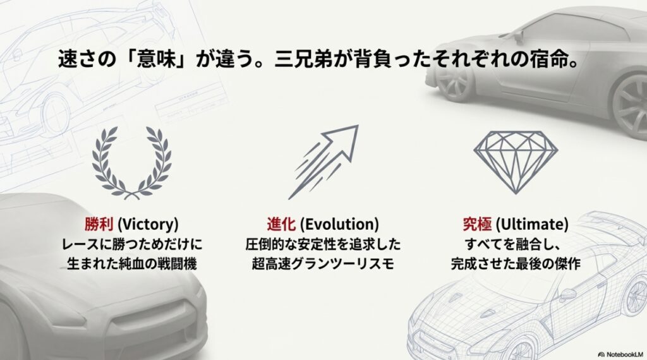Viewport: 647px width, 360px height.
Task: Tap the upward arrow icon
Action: (323, 160)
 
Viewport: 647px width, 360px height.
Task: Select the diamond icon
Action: (516, 160)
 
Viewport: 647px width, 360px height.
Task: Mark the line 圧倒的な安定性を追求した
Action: (323, 244)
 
